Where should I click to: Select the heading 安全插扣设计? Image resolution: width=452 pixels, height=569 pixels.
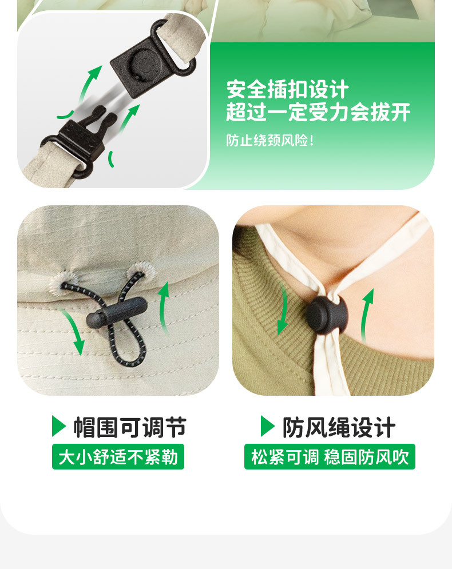(x=287, y=90)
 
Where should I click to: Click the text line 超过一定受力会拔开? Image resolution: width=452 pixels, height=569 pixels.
(x=318, y=113)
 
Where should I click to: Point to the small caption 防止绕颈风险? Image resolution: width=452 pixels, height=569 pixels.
(x=270, y=141)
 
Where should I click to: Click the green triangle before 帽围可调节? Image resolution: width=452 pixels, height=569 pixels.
(x=59, y=426)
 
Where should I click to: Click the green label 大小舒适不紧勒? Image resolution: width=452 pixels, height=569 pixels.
(x=118, y=457)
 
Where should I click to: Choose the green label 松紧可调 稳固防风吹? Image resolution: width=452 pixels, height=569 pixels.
(x=330, y=457)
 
